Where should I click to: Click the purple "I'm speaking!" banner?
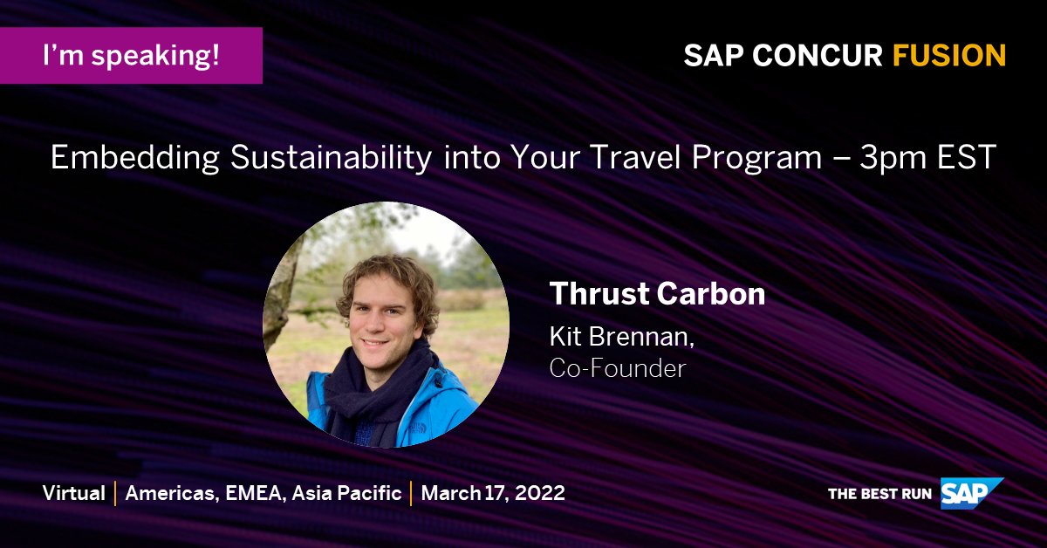click(x=131, y=56)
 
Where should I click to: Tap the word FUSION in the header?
click(x=949, y=56)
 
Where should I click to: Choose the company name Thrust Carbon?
click(x=657, y=294)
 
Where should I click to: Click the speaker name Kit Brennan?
click(x=616, y=336)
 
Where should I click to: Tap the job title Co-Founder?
click(x=618, y=367)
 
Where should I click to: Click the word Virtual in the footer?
click(x=74, y=493)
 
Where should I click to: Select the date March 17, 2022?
click(x=493, y=493)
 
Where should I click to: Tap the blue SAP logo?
click(x=970, y=493)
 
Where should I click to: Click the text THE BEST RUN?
click(x=879, y=494)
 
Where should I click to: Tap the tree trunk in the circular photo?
click(x=284, y=297)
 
